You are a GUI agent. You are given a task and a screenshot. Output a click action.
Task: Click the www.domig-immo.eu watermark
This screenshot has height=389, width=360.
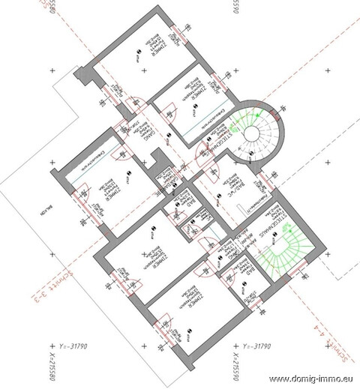point(309,378)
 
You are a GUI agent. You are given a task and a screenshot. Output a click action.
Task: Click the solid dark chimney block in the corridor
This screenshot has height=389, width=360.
point(158,163)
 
